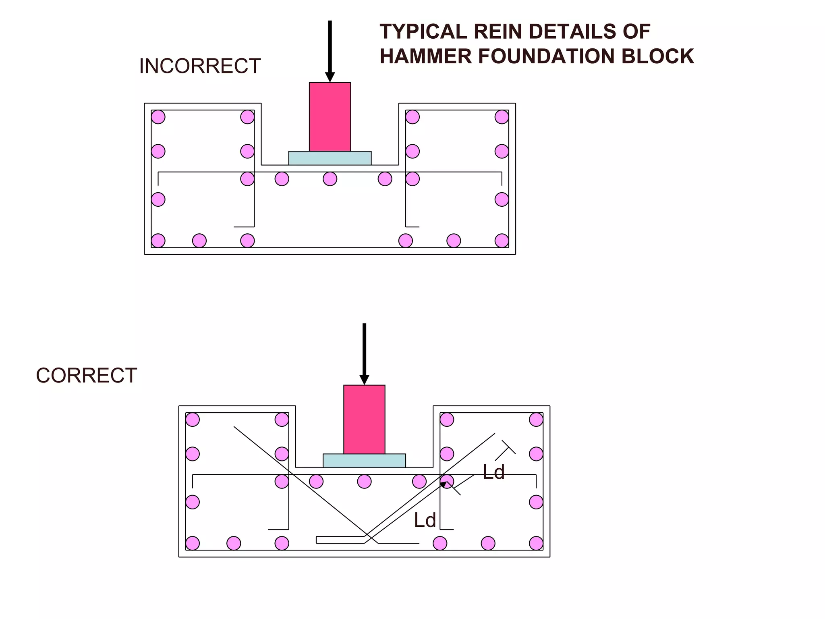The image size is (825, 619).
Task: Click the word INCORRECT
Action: pos(200,66)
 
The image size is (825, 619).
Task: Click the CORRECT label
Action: pos(87,376)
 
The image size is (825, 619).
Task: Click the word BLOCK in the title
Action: pos(657,56)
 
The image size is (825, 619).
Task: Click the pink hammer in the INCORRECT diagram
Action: pos(330,117)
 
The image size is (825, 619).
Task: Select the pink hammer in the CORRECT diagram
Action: pos(364,420)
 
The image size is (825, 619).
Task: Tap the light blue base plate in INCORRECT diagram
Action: pos(330,158)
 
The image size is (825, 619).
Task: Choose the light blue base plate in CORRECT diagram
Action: pos(364,461)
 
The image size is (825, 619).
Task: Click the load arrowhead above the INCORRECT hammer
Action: pos(330,77)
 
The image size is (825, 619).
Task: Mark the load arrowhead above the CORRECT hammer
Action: pos(364,380)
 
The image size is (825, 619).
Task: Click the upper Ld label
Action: pos(493,472)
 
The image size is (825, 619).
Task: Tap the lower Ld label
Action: pos(425,520)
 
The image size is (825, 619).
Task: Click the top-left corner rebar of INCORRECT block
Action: pos(158,117)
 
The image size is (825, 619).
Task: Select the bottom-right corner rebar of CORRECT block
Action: pos(536,543)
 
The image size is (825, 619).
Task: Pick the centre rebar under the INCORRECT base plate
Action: pos(330,179)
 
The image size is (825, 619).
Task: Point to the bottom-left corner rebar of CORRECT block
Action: pos(193,543)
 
